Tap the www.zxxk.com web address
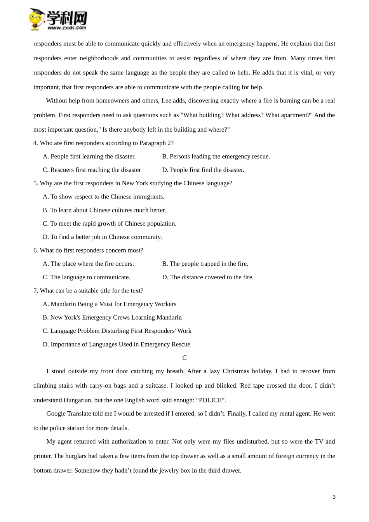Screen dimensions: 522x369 67,28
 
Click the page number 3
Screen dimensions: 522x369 334,497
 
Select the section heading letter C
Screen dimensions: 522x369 184,358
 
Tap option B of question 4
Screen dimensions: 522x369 216,157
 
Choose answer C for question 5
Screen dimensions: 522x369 110,224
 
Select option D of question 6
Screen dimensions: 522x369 208,277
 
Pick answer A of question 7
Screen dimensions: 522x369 110,304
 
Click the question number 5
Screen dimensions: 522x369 35,183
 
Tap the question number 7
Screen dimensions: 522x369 35,291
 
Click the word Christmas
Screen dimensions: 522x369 236,371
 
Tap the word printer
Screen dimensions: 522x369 43,456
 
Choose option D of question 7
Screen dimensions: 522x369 117,345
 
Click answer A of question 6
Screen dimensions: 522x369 88,264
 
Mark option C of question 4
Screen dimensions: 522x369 92,170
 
